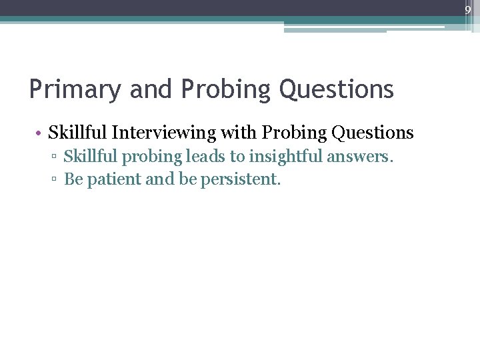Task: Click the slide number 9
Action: click(x=468, y=10)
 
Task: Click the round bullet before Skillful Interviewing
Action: click(x=41, y=133)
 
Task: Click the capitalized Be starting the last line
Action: click(x=73, y=179)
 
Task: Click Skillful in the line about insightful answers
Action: click(x=88, y=157)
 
